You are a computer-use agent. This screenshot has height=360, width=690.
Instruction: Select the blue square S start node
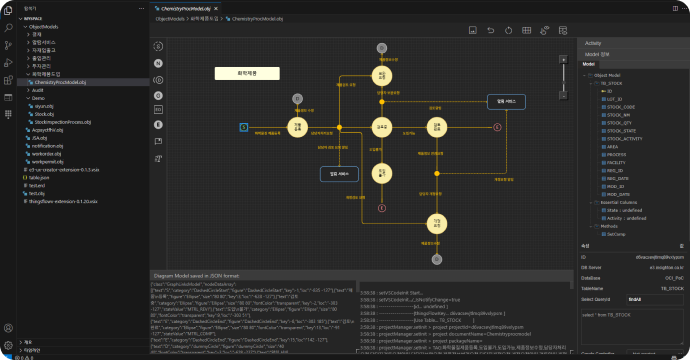point(243,127)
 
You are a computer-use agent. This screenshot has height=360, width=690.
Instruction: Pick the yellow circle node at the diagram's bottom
point(437,222)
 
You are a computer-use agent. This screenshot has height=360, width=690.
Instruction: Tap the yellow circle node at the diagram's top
point(381,75)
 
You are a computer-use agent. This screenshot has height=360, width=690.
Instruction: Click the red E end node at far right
point(497,127)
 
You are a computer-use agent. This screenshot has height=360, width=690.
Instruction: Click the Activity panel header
point(594,44)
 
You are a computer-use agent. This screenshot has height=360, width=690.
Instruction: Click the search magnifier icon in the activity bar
point(8,29)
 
